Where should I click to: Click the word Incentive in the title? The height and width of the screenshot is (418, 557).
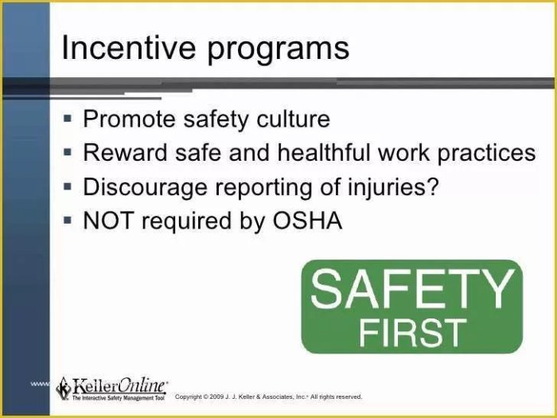click(x=127, y=49)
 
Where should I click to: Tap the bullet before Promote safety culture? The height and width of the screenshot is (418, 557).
click(x=68, y=119)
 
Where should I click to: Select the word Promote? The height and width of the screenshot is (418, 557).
click(x=130, y=119)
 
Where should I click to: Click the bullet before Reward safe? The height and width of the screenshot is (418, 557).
click(x=68, y=152)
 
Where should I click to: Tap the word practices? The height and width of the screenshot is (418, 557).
click(x=487, y=154)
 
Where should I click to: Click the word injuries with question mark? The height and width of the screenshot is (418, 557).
click(x=397, y=188)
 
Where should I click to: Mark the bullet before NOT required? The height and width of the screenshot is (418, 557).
click(x=68, y=220)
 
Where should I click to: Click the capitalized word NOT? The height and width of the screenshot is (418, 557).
click(x=107, y=221)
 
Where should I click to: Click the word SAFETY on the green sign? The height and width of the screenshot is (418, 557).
click(x=411, y=290)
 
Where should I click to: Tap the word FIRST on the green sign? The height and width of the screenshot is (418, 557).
click(x=411, y=331)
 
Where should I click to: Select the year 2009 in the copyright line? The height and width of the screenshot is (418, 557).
click(x=220, y=397)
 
